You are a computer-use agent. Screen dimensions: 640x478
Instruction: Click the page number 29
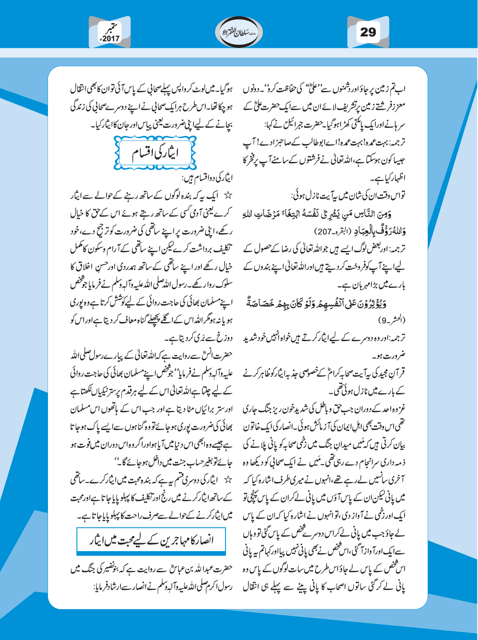tap(367, 32)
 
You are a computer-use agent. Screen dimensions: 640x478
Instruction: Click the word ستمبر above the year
tap(112, 27)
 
